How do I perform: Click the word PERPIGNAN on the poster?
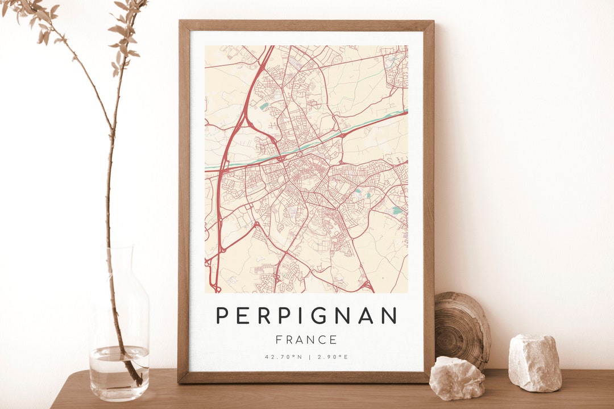tap(306, 315)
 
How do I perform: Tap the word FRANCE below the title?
tap(306, 340)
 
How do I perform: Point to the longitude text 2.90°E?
tap(332, 357)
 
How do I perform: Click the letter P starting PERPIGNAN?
tap(223, 315)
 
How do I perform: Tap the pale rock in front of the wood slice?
tap(457, 378)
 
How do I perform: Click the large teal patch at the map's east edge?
tap(397, 210)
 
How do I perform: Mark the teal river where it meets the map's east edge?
tap(405, 111)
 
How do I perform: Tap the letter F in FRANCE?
tap(279, 340)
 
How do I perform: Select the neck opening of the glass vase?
tap(119, 250)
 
